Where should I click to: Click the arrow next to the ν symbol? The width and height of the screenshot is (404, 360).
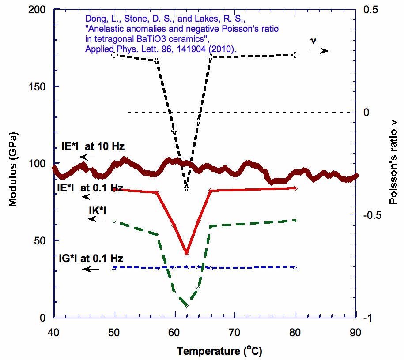pyautogui.click(x=319, y=51)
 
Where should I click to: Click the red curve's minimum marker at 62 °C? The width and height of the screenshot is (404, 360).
pyautogui.click(x=186, y=253)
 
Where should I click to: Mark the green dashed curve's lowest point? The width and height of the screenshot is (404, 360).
pyautogui.click(x=186, y=305)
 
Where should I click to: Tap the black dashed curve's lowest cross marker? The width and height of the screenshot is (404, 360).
pyautogui.click(x=186, y=188)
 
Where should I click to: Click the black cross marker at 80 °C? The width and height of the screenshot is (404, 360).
pyautogui.click(x=295, y=55)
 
